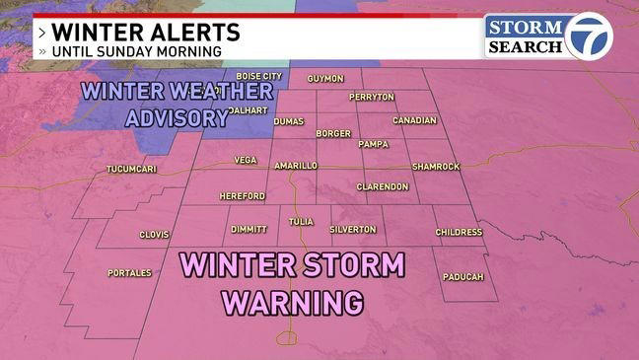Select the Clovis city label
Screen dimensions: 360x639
pyautogui.click(x=154, y=235)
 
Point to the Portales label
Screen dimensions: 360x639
pyautogui.click(x=129, y=273)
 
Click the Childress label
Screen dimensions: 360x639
pyautogui.click(x=459, y=233)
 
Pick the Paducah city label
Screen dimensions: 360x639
pyautogui.click(x=462, y=276)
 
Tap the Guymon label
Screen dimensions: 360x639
pyautogui.click(x=324, y=78)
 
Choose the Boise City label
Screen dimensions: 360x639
pyautogui.click(x=258, y=76)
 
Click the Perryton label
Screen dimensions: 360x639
pyautogui.click(x=372, y=97)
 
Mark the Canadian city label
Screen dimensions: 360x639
pyautogui.click(x=414, y=120)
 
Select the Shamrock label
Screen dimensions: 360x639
pyautogui.click(x=435, y=167)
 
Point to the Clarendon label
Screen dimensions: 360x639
pyautogui.click(x=382, y=186)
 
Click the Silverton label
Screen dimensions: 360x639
pyautogui.click(x=353, y=229)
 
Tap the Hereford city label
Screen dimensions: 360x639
pyautogui.click(x=242, y=196)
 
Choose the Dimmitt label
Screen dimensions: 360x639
pyautogui.click(x=248, y=229)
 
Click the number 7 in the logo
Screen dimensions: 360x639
pyautogui.click(x=589, y=36)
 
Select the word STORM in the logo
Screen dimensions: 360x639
pyautogui.click(x=524, y=27)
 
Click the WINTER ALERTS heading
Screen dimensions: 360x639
pyautogui.click(x=144, y=32)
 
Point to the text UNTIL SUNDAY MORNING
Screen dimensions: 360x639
pyautogui.click(x=136, y=51)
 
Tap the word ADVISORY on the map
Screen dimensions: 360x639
pyautogui.click(x=177, y=118)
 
